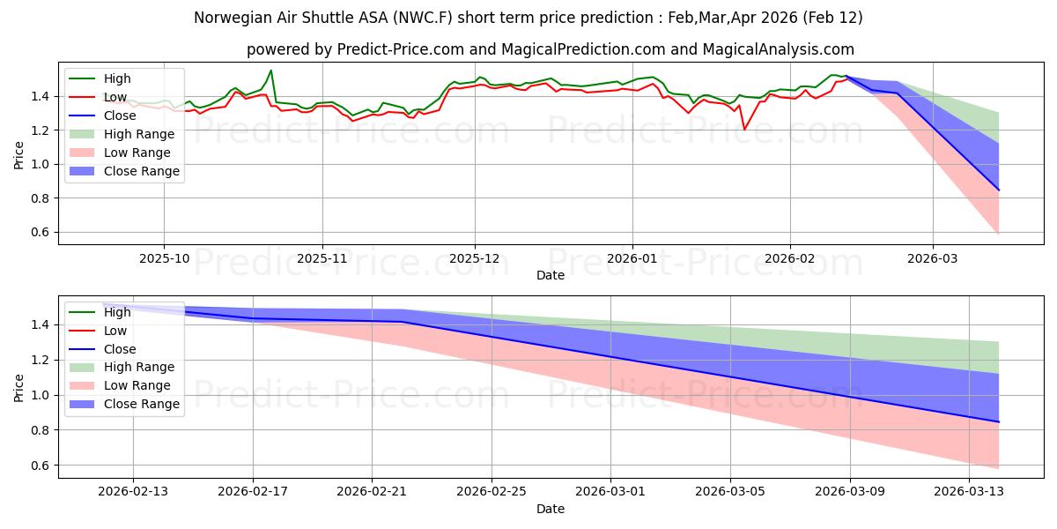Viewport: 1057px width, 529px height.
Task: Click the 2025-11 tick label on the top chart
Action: click(x=322, y=258)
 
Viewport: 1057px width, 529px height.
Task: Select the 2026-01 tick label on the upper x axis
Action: click(x=632, y=258)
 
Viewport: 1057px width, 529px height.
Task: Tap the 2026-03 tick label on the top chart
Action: click(x=933, y=258)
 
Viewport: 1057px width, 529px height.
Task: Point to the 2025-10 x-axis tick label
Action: click(x=164, y=258)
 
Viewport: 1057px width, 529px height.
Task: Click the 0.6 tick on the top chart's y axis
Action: click(x=40, y=233)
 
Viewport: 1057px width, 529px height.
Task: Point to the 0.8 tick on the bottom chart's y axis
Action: click(x=40, y=430)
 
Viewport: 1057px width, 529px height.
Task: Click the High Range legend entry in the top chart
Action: click(x=139, y=134)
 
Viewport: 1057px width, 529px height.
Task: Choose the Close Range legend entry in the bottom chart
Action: click(x=142, y=404)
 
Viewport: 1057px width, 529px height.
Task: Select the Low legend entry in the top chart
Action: click(x=115, y=97)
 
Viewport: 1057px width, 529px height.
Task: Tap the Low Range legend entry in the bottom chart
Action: click(x=138, y=385)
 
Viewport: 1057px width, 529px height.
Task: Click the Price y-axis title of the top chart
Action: click(x=19, y=154)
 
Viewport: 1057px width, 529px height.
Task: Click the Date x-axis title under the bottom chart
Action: click(x=550, y=509)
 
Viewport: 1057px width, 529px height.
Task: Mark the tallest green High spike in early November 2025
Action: click(x=270, y=71)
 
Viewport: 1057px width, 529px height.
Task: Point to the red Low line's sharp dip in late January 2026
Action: click(x=744, y=130)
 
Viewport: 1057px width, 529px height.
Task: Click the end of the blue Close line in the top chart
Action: click(x=999, y=190)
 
